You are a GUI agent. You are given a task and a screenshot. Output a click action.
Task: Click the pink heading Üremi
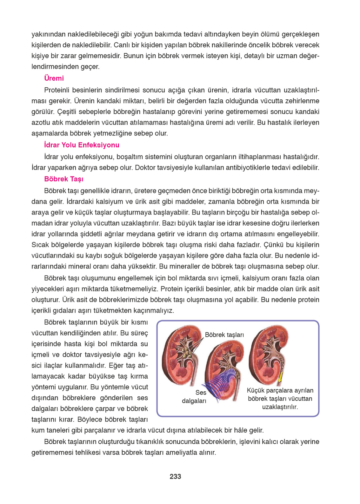pyautogui.click(x=54, y=78)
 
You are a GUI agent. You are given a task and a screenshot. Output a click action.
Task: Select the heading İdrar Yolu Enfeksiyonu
pyautogui.click(x=82, y=145)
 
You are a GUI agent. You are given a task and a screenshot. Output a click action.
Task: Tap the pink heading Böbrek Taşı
pyautogui.click(x=64, y=179)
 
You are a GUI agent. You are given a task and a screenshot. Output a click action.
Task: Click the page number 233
pyautogui.click(x=175, y=476)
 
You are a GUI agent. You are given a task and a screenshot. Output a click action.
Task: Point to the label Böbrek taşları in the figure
pyautogui.click(x=224, y=335)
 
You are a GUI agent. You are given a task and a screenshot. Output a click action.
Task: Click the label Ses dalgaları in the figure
pyautogui.click(x=195, y=397)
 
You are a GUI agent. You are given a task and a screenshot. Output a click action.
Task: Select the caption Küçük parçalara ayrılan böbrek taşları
pyautogui.click(x=280, y=398)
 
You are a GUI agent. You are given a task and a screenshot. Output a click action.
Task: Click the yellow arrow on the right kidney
pyautogui.click(x=280, y=378)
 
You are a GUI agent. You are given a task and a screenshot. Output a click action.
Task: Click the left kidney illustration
pyautogui.click(x=179, y=355)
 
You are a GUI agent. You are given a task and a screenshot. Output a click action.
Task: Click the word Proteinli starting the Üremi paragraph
pyautogui.click(x=57, y=90)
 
